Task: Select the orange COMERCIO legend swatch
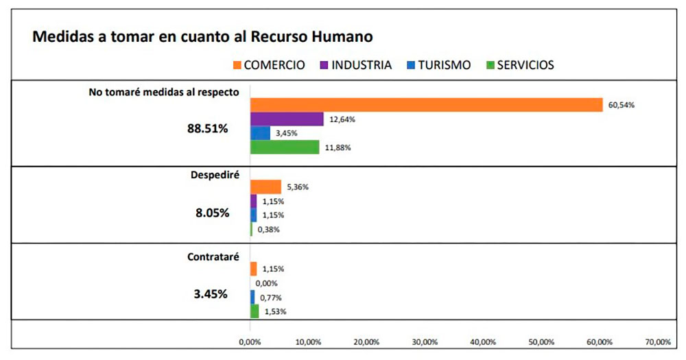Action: click(237, 66)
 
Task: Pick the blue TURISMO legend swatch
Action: click(411, 66)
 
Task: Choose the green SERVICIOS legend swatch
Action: click(490, 66)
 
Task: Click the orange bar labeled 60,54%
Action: click(426, 105)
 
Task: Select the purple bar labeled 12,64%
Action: click(287, 119)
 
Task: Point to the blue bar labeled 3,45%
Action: click(260, 133)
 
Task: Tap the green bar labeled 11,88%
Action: click(285, 147)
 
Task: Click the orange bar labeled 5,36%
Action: click(265, 187)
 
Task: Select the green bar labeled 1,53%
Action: click(255, 311)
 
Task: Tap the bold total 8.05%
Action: click(212, 213)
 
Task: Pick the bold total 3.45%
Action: click(212, 295)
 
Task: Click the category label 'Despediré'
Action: click(214, 175)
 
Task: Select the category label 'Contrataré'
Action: click(213, 257)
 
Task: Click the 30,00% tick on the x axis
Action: click(424, 341)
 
